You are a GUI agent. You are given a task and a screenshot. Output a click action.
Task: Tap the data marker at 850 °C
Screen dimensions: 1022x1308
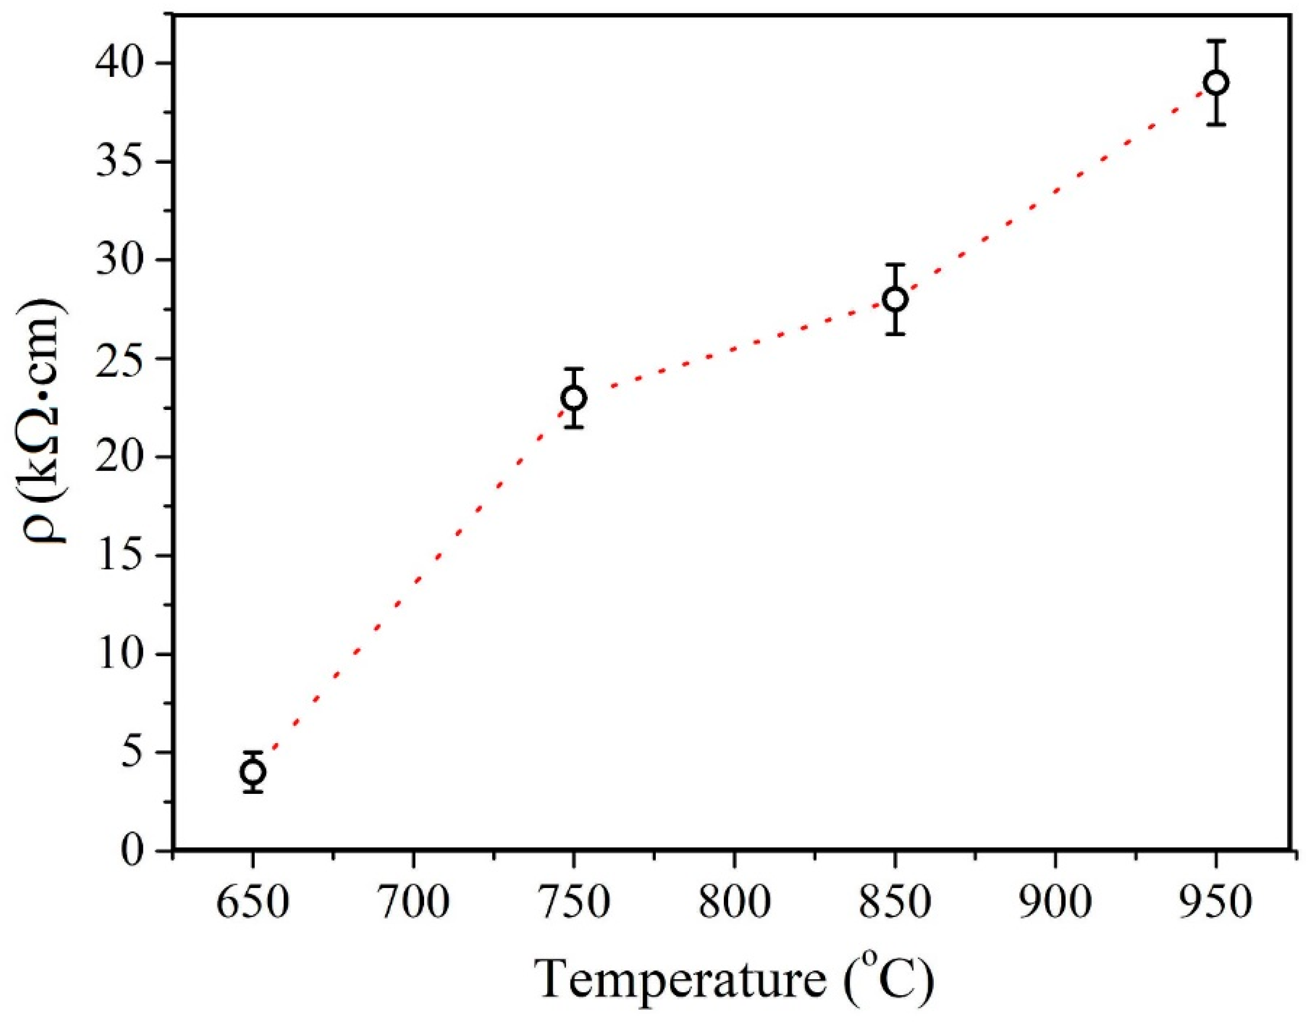point(895,299)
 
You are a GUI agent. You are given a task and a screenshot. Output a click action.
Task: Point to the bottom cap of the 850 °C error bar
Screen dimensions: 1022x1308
point(895,334)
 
